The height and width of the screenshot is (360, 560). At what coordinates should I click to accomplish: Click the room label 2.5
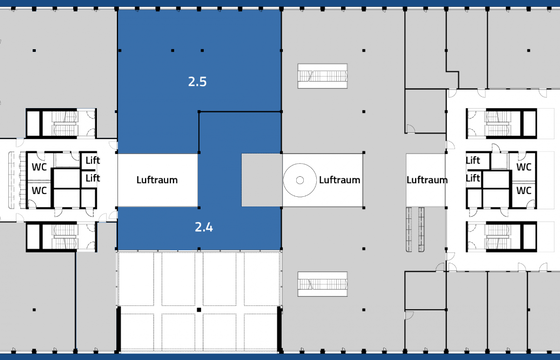click(x=197, y=82)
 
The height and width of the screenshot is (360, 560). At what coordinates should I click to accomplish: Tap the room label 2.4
click(x=204, y=227)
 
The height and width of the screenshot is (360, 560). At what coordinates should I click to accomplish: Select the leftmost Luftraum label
click(x=157, y=180)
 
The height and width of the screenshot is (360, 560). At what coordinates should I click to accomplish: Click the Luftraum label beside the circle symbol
click(x=339, y=180)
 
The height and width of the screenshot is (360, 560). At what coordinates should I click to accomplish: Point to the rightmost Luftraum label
click(x=427, y=180)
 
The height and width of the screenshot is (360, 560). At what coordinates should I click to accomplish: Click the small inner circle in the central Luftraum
click(x=300, y=180)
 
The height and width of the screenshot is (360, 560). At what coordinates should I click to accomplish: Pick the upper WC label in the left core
click(x=39, y=167)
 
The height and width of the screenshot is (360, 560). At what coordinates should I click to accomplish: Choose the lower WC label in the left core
click(x=39, y=190)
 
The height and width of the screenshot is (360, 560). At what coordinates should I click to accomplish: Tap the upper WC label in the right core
click(x=524, y=167)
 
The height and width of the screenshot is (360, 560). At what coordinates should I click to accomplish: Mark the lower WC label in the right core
click(x=524, y=190)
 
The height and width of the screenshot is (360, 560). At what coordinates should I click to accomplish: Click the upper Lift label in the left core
click(x=92, y=160)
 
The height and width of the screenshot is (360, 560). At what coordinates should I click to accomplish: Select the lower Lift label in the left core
click(x=92, y=178)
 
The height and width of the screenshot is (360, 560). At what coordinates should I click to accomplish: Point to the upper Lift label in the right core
click(x=473, y=160)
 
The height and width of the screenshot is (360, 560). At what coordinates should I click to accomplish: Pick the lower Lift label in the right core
click(x=473, y=178)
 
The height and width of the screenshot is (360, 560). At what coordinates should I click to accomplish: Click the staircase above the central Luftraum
click(x=322, y=76)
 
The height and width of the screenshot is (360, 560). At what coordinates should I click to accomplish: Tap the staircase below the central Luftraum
click(x=322, y=284)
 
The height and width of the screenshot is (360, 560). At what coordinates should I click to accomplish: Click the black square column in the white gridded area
click(x=199, y=310)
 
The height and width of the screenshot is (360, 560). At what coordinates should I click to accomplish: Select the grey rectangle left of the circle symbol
click(x=262, y=180)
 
